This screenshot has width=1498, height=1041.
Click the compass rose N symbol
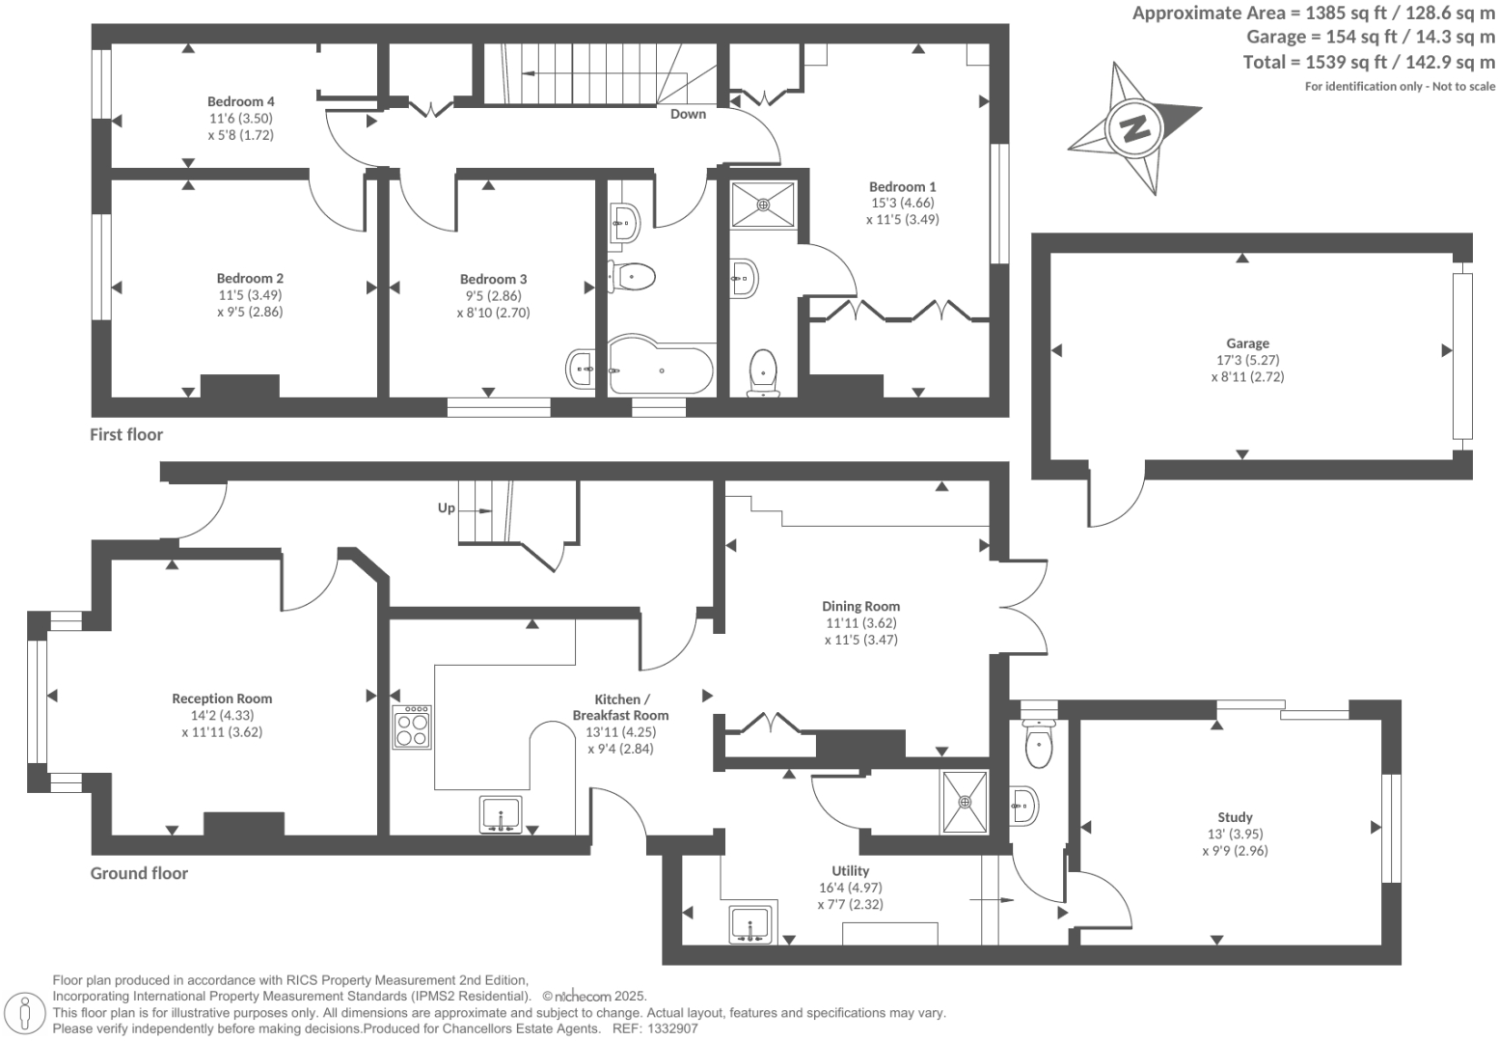1134,127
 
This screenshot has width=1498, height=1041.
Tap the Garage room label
1247,343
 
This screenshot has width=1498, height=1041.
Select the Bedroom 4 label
241,101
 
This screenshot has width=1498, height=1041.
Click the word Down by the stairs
688,114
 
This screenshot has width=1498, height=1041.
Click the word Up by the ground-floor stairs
447,507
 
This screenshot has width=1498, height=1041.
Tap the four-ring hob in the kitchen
412,727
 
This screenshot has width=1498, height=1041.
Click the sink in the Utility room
749,924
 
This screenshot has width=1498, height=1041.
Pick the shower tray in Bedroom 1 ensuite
762,205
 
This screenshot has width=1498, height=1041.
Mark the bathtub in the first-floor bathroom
661,368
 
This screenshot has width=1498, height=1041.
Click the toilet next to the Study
1039,744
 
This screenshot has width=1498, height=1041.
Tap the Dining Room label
860,607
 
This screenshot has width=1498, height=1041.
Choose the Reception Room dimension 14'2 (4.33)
222,715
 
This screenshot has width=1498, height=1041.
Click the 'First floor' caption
126,434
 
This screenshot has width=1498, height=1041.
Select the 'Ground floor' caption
139,873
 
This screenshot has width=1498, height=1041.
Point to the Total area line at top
1369,63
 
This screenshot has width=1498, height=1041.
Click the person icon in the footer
25,1013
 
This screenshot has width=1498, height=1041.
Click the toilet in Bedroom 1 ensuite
762,370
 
